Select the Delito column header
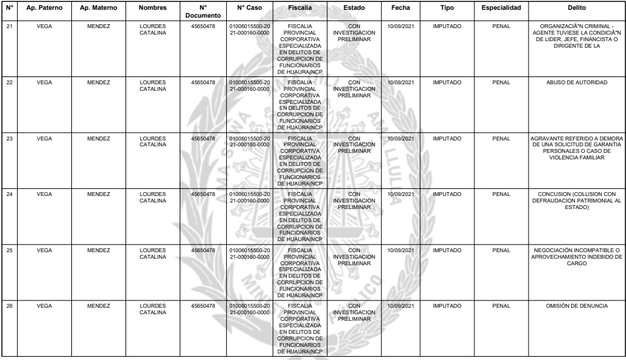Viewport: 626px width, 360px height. point(577,8)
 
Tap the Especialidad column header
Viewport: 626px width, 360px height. point(501,8)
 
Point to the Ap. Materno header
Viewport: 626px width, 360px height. point(98,8)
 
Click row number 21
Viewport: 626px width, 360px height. point(9,27)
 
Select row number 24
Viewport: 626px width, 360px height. point(9,194)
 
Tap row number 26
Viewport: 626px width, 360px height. point(9,306)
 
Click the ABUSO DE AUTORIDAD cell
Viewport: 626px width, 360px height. point(577,83)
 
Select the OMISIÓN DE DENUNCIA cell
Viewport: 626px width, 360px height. point(577,306)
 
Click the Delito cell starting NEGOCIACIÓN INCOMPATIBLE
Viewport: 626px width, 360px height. point(577,257)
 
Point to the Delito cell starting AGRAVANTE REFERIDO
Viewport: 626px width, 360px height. point(577,148)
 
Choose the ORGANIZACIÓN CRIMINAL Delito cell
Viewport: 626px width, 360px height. point(577,37)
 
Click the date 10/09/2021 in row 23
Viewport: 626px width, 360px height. point(401,139)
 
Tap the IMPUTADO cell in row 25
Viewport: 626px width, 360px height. point(447,250)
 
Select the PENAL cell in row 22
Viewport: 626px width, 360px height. point(501,83)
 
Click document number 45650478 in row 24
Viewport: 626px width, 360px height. point(203,194)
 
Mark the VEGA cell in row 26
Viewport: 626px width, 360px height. point(44,306)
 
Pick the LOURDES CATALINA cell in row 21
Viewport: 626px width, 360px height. point(152,30)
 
